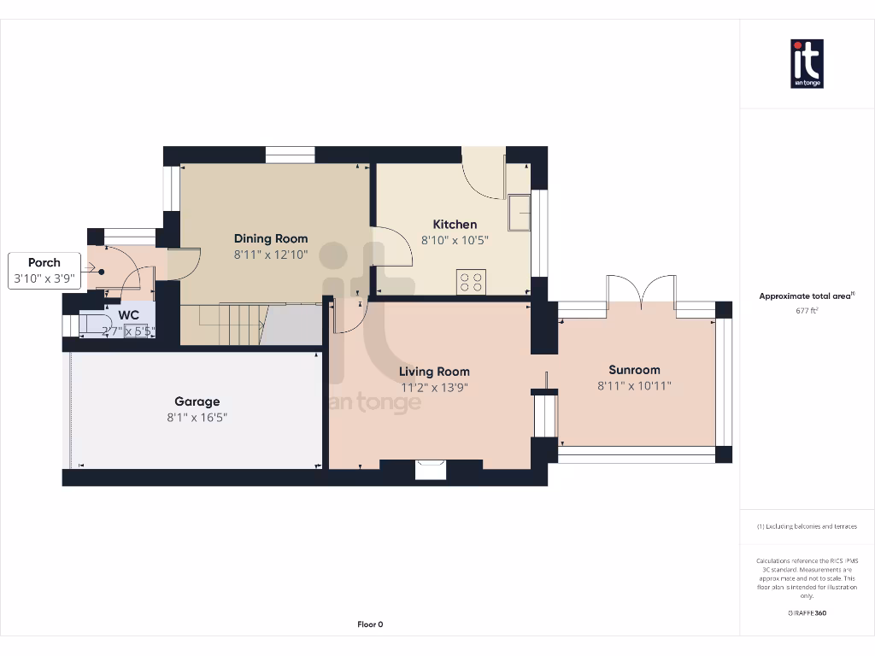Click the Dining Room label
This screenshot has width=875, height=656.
(x=271, y=238)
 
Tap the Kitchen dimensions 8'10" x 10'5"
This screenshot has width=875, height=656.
(x=455, y=240)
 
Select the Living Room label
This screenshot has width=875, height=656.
(x=434, y=372)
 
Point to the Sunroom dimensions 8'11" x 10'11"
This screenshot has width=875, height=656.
(x=634, y=385)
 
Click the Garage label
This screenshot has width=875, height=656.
(x=197, y=401)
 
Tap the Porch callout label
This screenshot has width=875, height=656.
(x=44, y=263)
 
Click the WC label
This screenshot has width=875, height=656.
(x=129, y=314)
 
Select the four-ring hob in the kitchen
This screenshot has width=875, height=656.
(x=472, y=281)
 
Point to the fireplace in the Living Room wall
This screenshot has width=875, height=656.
(x=430, y=469)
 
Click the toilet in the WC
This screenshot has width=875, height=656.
(x=91, y=325)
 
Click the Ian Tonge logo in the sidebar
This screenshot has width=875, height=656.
(x=807, y=64)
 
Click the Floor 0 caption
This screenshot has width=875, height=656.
(x=370, y=624)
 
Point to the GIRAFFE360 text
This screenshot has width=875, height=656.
(x=807, y=612)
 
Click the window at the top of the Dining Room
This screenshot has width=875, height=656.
(x=290, y=155)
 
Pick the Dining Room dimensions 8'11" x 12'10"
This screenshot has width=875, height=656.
(x=271, y=255)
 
